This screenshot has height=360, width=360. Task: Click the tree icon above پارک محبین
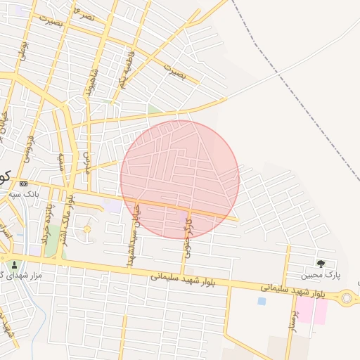pos(321,264)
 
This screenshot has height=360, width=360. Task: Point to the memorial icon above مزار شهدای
pos(14,265)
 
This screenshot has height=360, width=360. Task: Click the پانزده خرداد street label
pos(49,224)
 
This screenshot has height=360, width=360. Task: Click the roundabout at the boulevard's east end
pos(346,298)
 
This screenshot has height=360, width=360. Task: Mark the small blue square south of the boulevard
pos(262,301)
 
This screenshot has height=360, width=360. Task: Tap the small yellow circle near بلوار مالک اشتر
pos(87,229)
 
